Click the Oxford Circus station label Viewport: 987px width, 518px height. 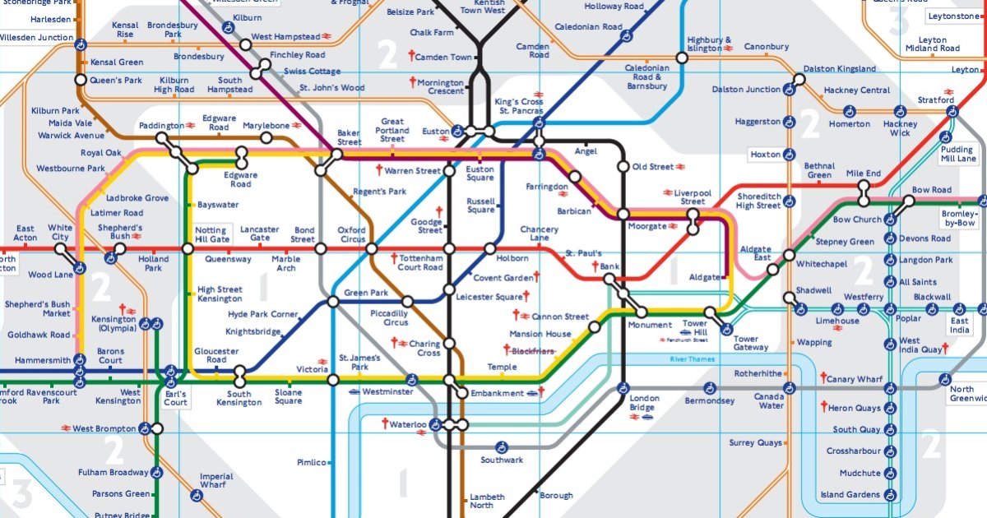coord(351,234)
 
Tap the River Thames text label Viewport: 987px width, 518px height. coord(692,359)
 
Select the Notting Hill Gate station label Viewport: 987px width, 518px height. coord(211,234)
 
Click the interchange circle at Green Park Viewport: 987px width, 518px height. coord(333,302)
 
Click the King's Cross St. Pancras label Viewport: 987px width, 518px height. coord(518,106)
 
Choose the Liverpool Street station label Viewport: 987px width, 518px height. coord(693,197)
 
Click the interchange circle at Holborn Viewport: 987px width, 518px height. coord(491,248)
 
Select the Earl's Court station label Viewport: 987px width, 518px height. coord(175,398)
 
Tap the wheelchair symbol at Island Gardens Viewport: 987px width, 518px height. coord(889,495)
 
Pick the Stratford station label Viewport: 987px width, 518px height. coord(935,100)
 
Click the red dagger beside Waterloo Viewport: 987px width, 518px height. coord(383,424)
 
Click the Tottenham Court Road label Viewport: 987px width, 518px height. coord(420,262)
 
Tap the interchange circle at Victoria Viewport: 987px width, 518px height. coord(333,380)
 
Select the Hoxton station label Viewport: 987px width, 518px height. coord(765,155)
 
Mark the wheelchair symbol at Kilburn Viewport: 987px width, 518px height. coord(228,26)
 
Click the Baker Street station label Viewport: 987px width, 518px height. coord(349,137)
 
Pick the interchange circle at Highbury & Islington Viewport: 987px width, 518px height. coord(682,58)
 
